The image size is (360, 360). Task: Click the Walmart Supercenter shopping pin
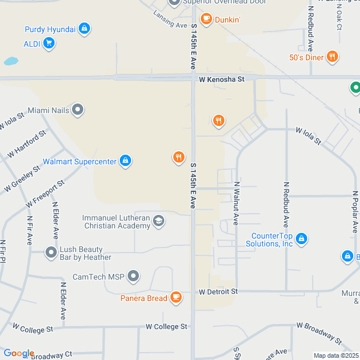(125, 161)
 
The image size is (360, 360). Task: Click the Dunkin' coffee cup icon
(206, 19)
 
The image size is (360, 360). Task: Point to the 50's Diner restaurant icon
(333, 57)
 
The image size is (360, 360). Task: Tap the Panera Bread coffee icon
(176, 296)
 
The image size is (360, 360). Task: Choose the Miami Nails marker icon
(78, 109)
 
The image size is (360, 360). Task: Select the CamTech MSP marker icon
(133, 276)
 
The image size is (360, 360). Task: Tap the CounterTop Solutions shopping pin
(301, 238)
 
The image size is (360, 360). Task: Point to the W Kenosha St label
(222, 79)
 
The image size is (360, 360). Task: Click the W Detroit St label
(218, 291)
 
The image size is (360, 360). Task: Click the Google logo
(19, 353)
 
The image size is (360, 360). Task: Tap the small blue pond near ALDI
(11, 60)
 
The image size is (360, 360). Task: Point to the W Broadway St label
(318, 333)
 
